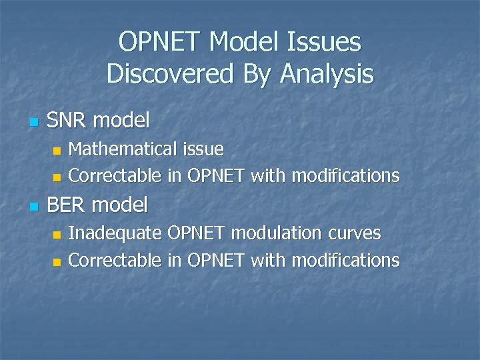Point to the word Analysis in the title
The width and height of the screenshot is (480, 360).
(327, 73)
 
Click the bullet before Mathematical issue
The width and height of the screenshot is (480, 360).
(57, 150)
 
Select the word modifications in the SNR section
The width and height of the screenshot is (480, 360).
(345, 176)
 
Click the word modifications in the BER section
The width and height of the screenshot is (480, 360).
(345, 260)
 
